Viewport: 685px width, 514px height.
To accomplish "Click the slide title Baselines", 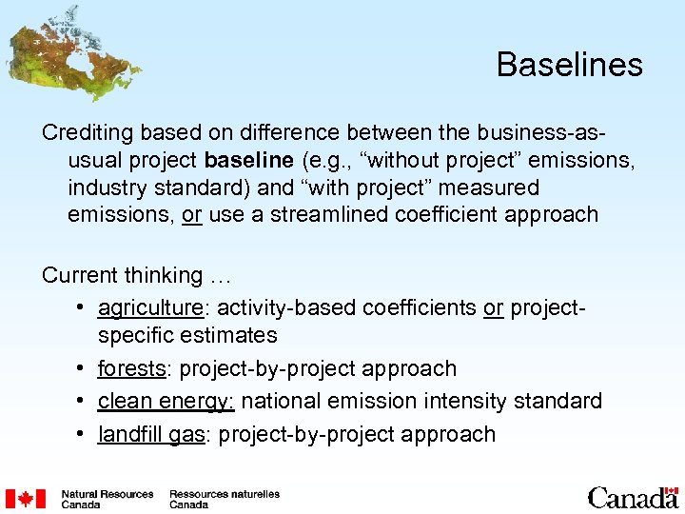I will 569,65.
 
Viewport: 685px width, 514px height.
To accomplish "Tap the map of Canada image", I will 71,52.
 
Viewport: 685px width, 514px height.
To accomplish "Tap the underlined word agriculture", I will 150,306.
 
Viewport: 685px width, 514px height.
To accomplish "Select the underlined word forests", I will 132,368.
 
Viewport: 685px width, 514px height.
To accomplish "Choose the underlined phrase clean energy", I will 165,401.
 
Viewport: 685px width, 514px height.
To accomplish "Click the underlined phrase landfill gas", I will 151,434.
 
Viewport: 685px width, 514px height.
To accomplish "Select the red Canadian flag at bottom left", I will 26,499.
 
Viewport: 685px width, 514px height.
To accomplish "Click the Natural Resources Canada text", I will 107,499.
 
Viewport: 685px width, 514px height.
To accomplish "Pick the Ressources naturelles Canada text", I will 225,499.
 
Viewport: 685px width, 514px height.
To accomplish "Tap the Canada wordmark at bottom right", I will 632,497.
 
